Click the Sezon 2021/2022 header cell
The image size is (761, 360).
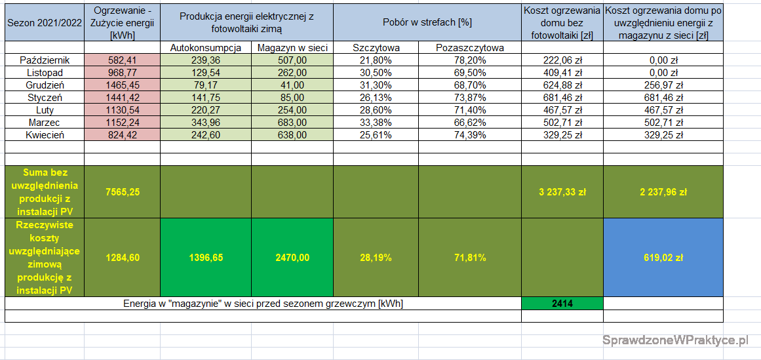point(44,22)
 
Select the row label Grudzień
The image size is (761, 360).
point(45,85)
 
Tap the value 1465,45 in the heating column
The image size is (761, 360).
point(123,85)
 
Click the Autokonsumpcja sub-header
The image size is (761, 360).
point(205,48)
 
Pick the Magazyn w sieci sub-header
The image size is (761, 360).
point(292,48)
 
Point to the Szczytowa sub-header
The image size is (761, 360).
point(376,48)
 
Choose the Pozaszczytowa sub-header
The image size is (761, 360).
point(469,48)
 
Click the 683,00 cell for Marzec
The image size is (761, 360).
point(292,123)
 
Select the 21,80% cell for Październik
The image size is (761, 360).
point(376,60)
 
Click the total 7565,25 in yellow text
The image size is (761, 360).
point(123,192)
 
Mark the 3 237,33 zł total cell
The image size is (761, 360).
point(562,192)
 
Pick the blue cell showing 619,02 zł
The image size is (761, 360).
point(663,258)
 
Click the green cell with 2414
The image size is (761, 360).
point(562,304)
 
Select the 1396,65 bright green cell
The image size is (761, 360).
point(205,258)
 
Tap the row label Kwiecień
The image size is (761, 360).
point(45,135)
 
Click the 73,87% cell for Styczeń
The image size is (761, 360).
point(469,98)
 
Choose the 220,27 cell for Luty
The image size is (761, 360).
point(205,110)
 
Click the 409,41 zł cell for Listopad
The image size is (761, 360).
point(562,73)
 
